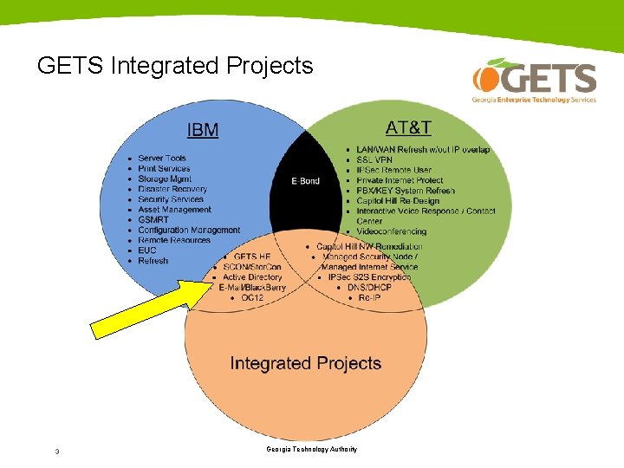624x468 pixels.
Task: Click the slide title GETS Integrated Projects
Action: point(175,66)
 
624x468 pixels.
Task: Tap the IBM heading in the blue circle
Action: point(203,130)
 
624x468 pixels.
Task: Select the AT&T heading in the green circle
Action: point(408,127)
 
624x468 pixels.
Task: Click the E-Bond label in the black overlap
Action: point(306,181)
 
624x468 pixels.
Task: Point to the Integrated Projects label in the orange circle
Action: point(305,363)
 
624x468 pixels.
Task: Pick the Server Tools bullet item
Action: point(162,159)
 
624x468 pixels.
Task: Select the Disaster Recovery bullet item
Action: point(172,189)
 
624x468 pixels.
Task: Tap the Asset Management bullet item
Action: point(174,210)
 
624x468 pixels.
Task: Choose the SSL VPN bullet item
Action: point(374,160)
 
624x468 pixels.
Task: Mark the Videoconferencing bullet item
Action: point(392,231)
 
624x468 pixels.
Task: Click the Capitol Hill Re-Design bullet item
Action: point(398,201)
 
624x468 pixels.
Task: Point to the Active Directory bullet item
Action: point(252,277)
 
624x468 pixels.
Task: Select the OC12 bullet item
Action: point(252,298)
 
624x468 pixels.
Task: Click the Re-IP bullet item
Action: point(369,298)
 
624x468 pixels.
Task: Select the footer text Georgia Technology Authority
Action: point(312,449)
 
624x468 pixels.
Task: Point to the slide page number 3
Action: point(56,451)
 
